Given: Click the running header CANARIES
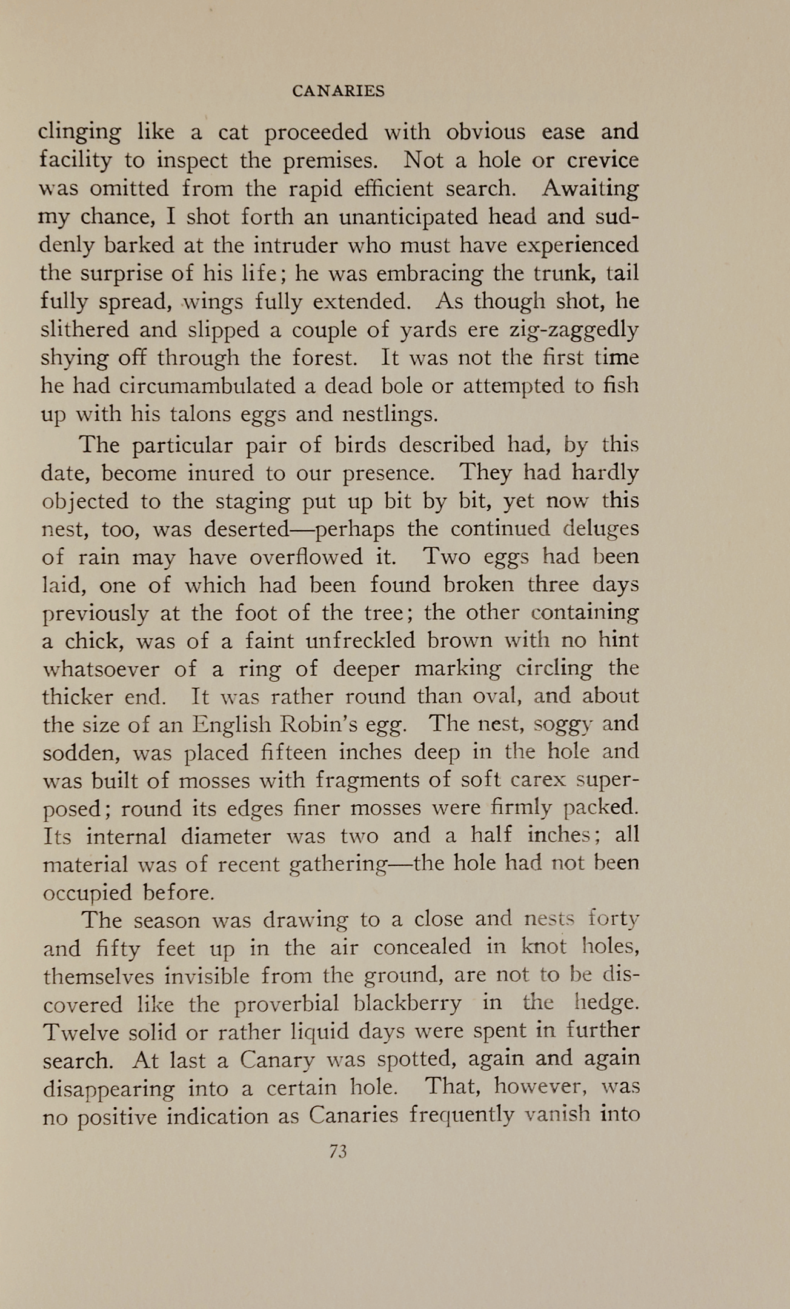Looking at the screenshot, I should coord(338,91).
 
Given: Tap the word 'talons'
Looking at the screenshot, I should coord(199,415).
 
